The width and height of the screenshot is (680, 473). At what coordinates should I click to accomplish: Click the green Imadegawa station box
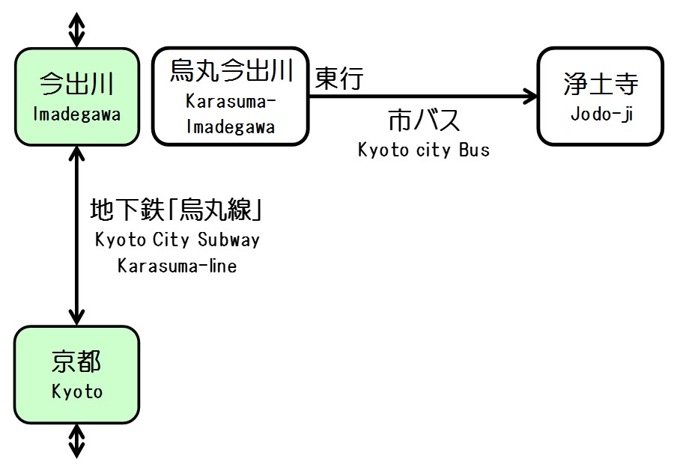point(76,97)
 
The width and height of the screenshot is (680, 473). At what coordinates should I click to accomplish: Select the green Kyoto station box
point(76,374)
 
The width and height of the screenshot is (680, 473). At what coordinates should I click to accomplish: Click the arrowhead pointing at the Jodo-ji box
point(530,96)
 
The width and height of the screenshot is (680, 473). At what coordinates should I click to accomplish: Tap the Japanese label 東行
point(339,79)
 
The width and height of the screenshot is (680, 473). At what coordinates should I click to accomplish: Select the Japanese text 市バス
point(423,120)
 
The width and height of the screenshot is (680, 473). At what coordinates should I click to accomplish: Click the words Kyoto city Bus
point(423,150)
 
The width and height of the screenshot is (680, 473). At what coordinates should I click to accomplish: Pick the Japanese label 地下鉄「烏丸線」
point(177,210)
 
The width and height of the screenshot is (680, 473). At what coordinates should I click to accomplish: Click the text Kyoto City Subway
point(177,240)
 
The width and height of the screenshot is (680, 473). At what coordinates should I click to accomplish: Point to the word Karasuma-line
point(177,266)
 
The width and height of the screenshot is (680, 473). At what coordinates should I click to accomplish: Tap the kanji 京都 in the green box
point(76,363)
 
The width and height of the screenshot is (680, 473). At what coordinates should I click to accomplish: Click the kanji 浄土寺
point(601,85)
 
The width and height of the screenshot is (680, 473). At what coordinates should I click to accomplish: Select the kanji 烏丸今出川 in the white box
point(231,72)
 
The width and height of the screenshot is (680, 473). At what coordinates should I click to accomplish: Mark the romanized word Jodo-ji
point(601,115)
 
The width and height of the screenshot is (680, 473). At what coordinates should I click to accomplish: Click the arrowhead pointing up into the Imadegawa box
point(76,153)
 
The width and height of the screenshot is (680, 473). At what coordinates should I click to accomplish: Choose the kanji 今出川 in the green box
point(76,84)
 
